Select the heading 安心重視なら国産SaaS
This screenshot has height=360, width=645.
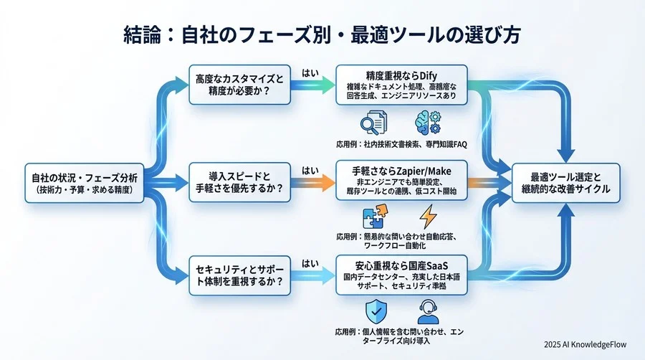point(401,267)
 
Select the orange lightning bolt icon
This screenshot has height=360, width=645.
point(428,216)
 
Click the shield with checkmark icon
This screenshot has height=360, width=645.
point(375,312)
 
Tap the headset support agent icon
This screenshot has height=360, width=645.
point(428,312)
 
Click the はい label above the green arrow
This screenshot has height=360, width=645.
point(310,72)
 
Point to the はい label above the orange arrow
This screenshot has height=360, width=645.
point(310,170)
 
